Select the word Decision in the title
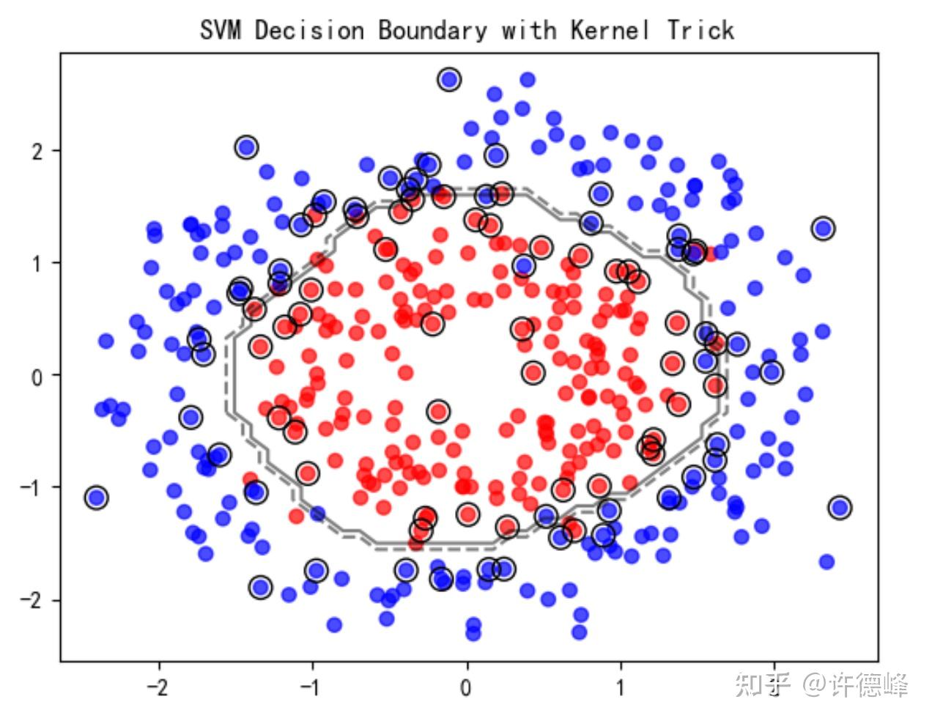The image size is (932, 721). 309,31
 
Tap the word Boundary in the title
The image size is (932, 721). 432,31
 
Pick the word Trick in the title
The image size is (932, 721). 700,31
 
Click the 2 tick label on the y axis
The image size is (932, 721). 37,151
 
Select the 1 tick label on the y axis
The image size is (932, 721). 37,263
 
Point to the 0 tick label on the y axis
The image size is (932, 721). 37,375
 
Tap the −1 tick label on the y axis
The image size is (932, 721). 32,488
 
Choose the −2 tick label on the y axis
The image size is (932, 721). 32,600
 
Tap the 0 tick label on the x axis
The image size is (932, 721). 467,687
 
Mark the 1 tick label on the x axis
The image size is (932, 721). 621,687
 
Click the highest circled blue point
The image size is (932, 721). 450,80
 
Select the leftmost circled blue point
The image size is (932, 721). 96,498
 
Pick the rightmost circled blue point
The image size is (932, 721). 840,507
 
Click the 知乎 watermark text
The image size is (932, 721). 763,685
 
